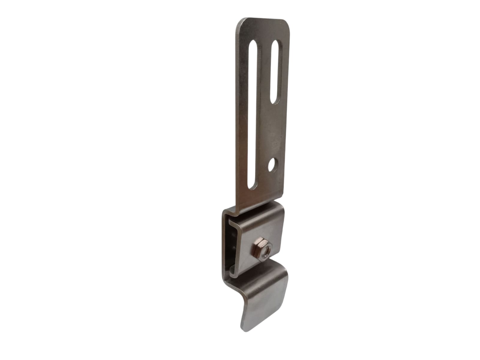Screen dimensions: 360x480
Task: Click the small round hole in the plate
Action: pos(273,165)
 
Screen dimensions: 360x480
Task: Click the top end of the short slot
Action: pos(276,45)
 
